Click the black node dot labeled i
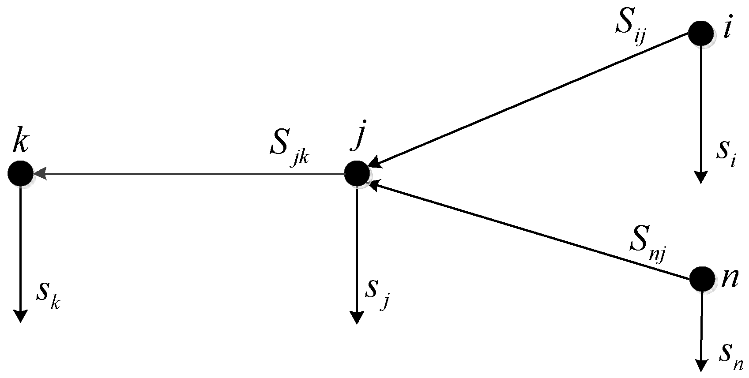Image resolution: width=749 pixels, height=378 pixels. [x=700, y=34]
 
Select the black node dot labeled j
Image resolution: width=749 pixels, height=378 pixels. [x=357, y=173]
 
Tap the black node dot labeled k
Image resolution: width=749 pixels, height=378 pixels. [x=20, y=173]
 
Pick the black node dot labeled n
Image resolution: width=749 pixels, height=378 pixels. [x=701, y=279]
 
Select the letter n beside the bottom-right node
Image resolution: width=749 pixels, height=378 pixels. [x=729, y=279]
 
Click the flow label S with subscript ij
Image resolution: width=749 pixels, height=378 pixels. [x=630, y=28]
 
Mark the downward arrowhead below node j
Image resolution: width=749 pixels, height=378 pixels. [x=357, y=318]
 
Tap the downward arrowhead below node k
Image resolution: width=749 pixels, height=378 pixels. [x=20, y=316]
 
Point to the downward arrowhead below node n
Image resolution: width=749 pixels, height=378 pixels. [x=701, y=365]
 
